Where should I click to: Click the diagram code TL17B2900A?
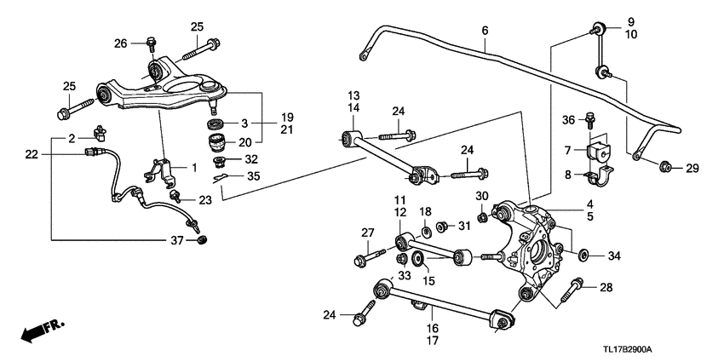pyautogui.click(x=669, y=350)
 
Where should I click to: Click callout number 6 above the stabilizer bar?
pyautogui.click(x=485, y=31)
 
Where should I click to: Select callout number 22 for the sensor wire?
pyautogui.click(x=32, y=154)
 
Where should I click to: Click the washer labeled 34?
pyautogui.click(x=583, y=254)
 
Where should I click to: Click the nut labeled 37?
pyautogui.click(x=201, y=241)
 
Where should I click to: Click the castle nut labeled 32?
pyautogui.click(x=219, y=159)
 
